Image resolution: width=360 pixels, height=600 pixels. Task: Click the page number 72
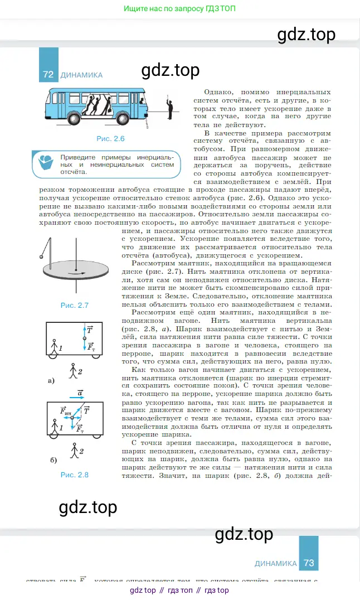48,74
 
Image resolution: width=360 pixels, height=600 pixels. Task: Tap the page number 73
309,563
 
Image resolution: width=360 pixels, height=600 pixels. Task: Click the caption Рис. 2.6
110,138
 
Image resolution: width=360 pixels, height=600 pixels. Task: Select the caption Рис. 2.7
75,305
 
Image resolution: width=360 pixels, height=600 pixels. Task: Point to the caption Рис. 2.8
75,475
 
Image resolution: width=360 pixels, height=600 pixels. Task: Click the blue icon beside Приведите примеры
44,164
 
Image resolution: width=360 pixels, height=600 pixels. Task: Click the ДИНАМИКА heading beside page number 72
81,75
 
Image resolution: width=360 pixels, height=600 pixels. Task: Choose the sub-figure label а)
51,381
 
